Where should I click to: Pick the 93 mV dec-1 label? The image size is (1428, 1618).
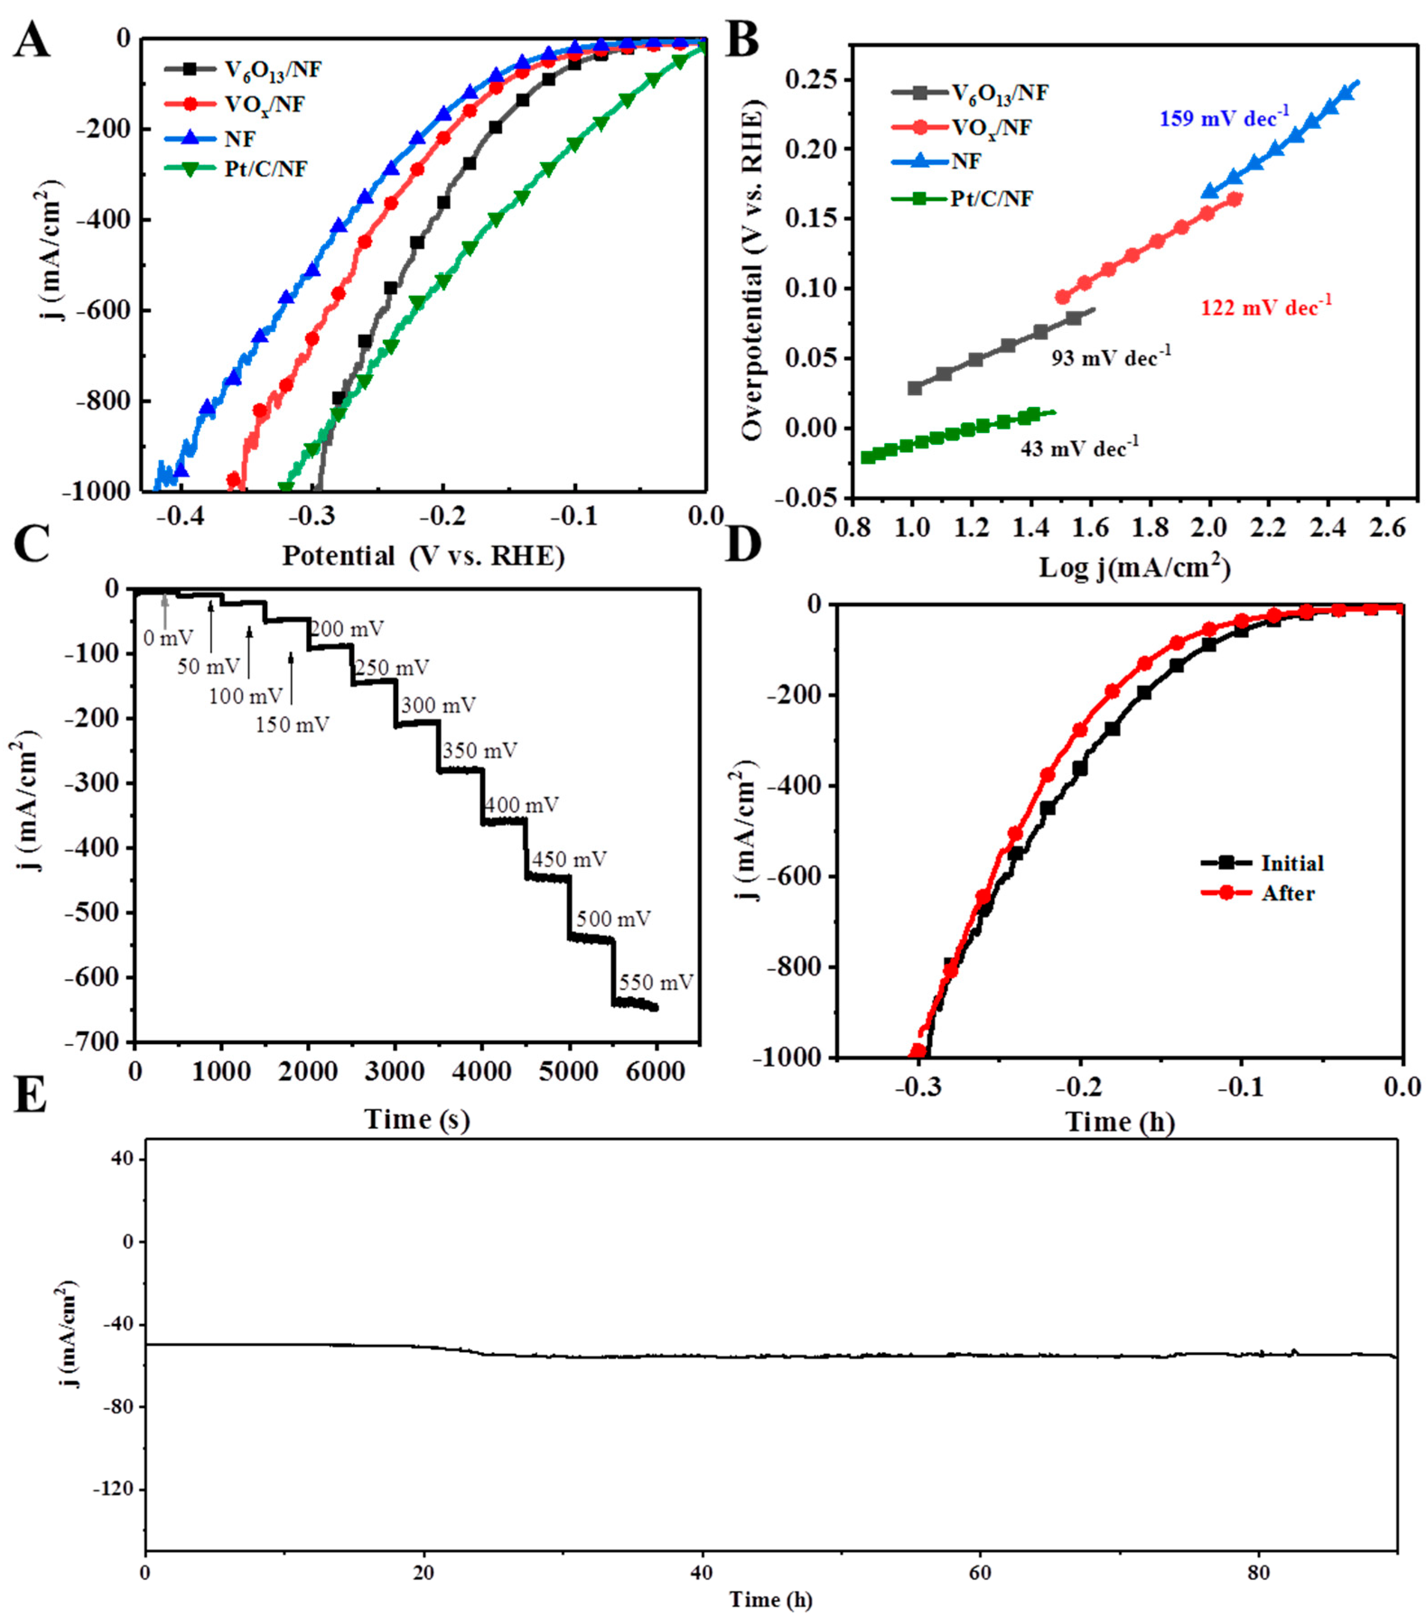pos(1110,358)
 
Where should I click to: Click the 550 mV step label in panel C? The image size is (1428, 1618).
pos(656,982)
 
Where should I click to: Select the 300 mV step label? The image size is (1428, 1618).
pos(438,704)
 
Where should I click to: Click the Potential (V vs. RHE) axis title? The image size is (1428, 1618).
pos(423,556)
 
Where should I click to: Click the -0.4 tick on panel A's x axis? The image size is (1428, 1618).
pos(181,516)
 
